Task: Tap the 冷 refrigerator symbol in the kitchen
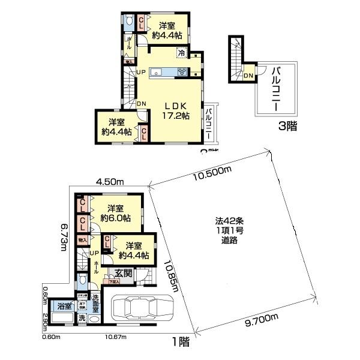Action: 181,53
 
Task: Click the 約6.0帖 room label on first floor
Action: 112,213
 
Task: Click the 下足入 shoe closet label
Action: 111,281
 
